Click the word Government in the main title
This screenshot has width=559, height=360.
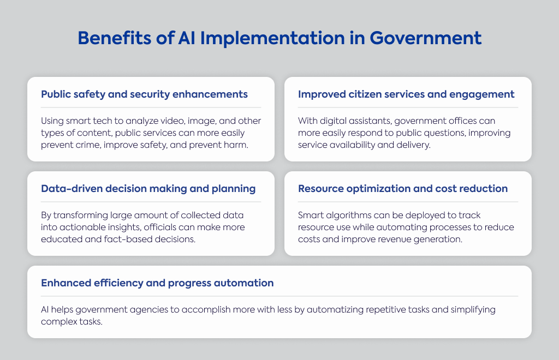[x=425, y=38]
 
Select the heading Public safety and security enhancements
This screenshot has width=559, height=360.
[x=144, y=94]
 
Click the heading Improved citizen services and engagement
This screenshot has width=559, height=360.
[x=406, y=94]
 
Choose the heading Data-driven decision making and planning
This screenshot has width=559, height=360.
[x=148, y=189]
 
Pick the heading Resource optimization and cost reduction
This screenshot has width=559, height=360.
[x=403, y=189]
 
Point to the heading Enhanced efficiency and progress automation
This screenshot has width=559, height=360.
[x=157, y=283]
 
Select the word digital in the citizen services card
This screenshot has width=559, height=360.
[x=333, y=121]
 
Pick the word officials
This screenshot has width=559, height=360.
[x=160, y=227]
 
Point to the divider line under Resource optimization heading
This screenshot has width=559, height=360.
[x=408, y=202]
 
